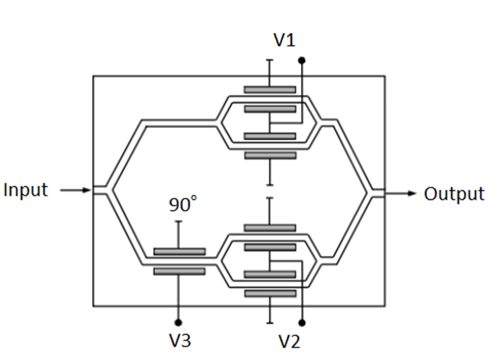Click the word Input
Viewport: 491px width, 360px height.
point(26,189)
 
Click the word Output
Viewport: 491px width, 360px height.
point(454,194)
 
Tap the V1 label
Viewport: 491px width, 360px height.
point(284,41)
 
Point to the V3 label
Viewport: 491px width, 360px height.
point(179,341)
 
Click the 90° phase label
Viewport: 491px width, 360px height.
point(184,205)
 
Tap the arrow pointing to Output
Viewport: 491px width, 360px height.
point(403,193)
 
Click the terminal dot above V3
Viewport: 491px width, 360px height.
point(179,322)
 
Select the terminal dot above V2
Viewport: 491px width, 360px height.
point(302,322)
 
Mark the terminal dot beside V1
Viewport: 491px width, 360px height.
point(302,61)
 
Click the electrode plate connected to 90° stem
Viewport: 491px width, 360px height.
point(179,251)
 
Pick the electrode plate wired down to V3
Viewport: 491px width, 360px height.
point(179,271)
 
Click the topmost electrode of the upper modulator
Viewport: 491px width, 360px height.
point(270,89)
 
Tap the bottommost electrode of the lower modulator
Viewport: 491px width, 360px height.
point(270,294)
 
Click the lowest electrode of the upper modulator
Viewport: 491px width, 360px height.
point(270,155)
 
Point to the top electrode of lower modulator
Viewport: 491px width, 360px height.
point(270,228)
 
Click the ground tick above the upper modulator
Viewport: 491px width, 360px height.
point(270,61)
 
